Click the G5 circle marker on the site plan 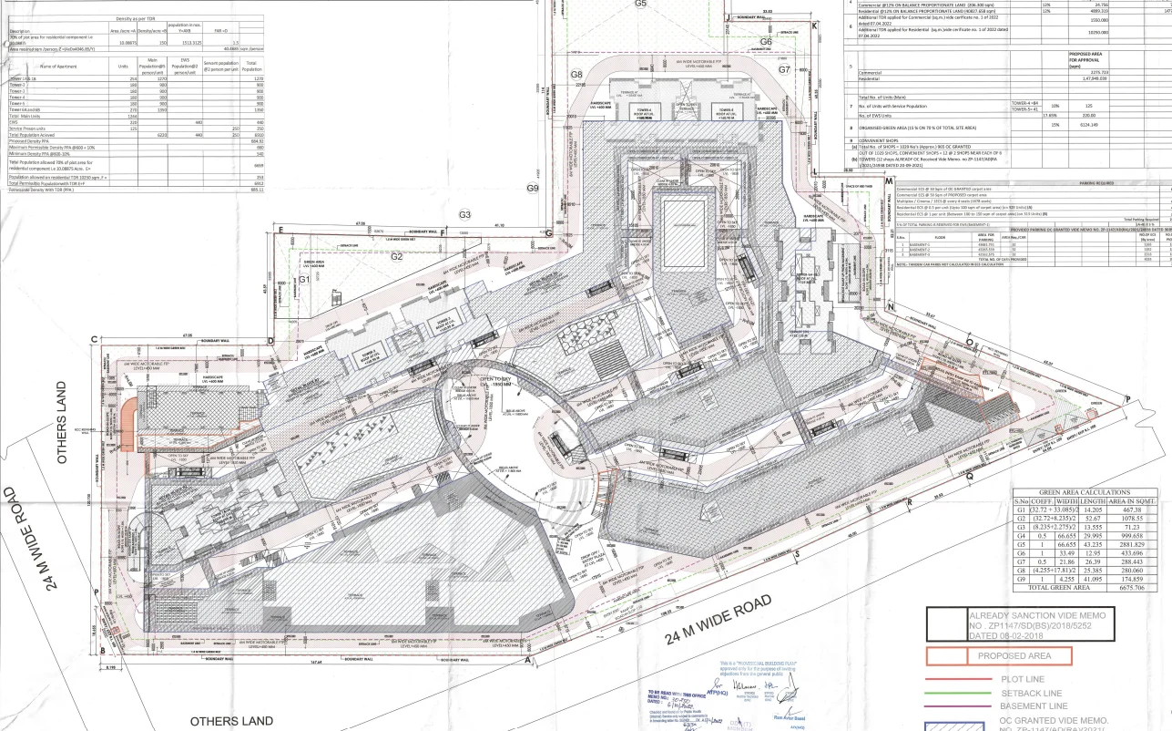click(640, 4)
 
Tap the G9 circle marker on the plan click(534, 188)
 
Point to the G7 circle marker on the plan click(784, 69)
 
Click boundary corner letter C click(94, 340)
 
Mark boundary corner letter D click(270, 341)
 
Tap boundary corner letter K click(814, 26)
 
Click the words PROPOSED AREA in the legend click(1014, 655)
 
